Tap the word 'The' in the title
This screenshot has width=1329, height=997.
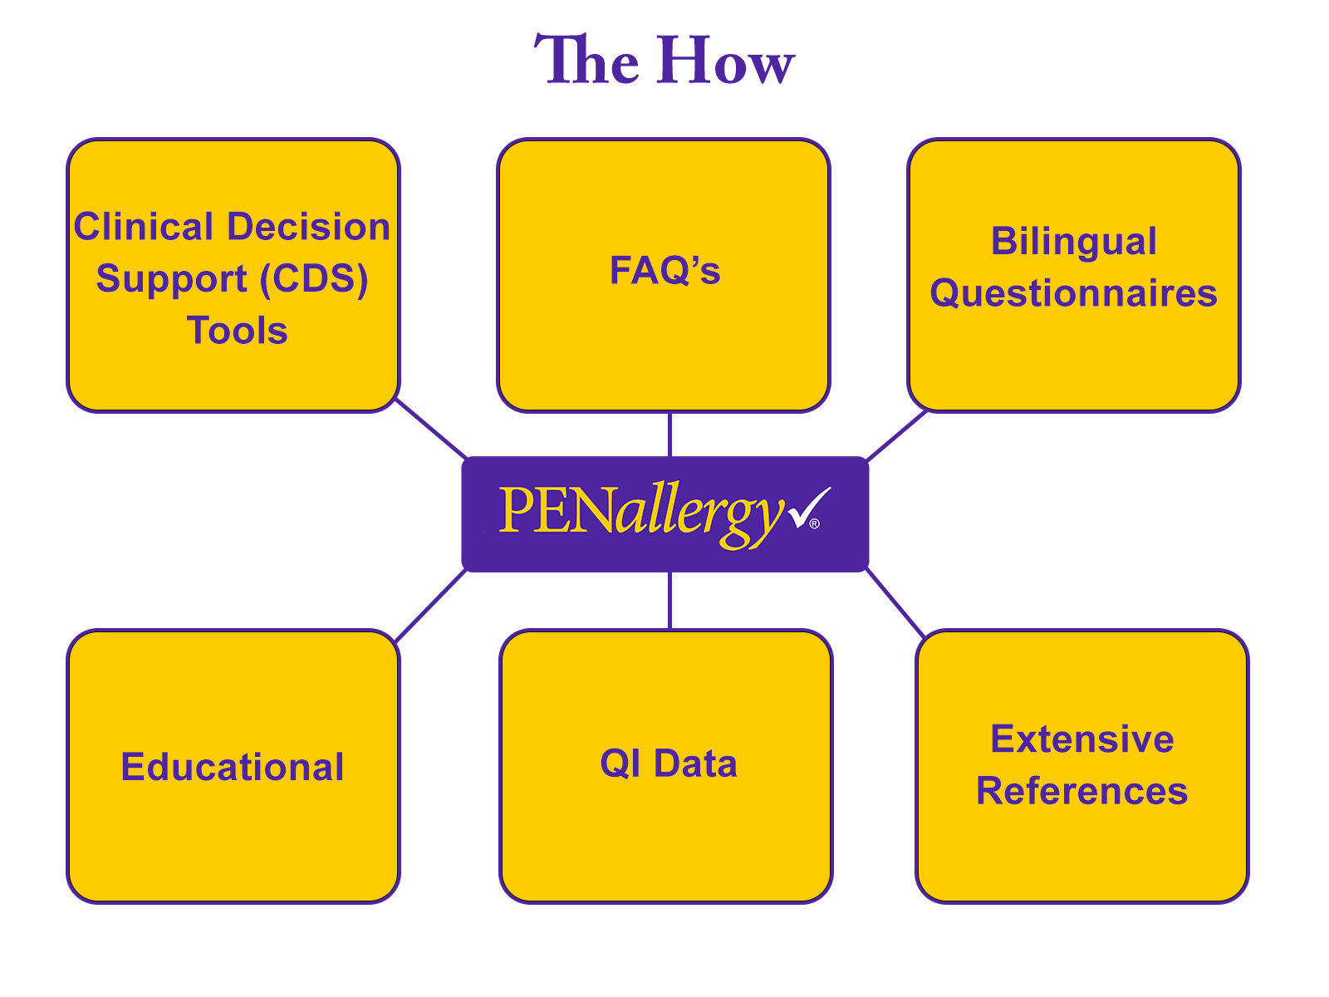(x=586, y=61)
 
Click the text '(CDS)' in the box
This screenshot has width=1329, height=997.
(x=314, y=279)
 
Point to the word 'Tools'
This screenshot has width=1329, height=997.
(x=238, y=331)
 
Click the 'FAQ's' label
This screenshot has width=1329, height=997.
(x=664, y=271)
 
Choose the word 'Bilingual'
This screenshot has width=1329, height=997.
(x=1073, y=242)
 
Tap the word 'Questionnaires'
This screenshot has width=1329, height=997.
(x=1073, y=293)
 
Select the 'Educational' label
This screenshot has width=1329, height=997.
(x=233, y=767)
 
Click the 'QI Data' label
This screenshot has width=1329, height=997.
(x=669, y=764)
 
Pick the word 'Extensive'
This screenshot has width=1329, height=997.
(x=1081, y=739)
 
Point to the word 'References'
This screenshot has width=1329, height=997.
(x=1081, y=791)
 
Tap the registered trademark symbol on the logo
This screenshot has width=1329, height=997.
(x=815, y=523)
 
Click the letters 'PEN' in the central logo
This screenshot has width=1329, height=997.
(x=554, y=510)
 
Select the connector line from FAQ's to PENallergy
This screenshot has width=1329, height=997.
(x=669, y=434)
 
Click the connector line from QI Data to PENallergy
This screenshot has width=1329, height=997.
(x=669, y=600)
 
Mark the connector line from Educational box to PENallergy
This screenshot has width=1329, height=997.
(x=430, y=606)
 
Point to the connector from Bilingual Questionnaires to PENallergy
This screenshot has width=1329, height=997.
(x=896, y=435)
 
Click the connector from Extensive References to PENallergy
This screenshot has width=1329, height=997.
(x=896, y=603)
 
